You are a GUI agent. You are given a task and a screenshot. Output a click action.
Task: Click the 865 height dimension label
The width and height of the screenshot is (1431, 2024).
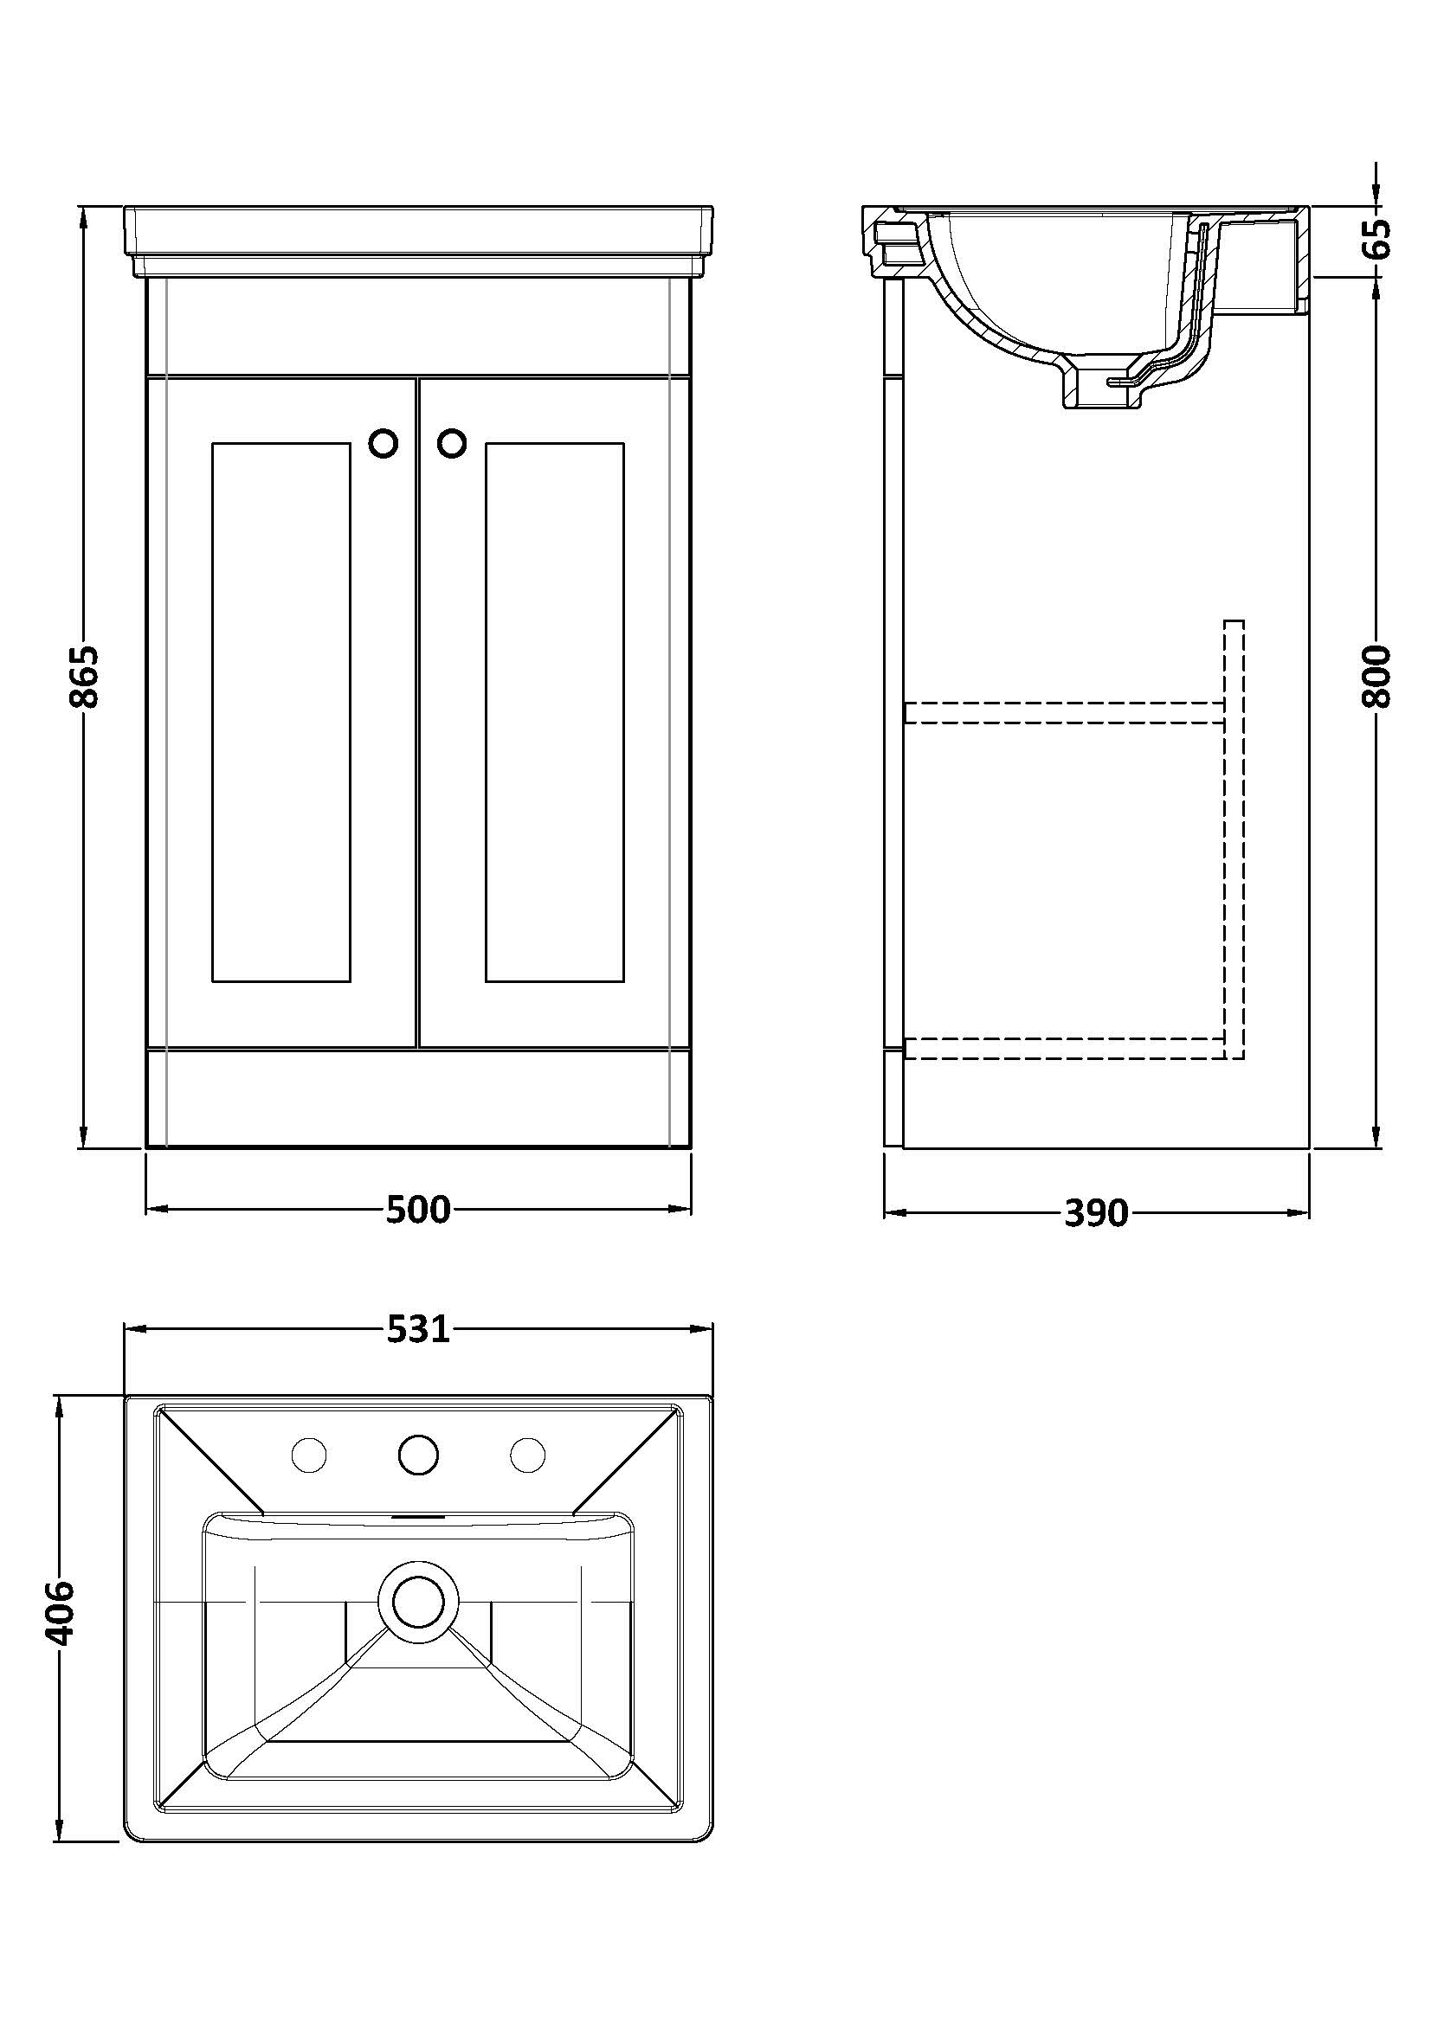(86, 677)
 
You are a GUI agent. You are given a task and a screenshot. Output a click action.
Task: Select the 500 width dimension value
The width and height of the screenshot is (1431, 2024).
(418, 1210)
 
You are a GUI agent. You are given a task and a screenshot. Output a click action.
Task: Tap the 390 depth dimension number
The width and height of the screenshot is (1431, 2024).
(1096, 1213)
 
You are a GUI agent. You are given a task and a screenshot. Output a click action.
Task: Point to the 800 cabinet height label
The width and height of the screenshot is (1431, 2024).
(1376, 677)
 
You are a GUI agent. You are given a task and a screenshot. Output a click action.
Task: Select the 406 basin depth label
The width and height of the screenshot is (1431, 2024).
(61, 1613)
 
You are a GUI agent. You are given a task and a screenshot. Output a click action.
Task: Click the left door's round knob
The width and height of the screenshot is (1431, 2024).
(384, 444)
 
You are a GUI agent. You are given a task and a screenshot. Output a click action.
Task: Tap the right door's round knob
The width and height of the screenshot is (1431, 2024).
(451, 444)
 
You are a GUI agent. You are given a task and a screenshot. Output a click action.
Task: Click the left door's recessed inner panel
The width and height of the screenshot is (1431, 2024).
(281, 712)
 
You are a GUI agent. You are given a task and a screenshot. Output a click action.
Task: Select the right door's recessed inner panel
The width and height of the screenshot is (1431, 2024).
(554, 712)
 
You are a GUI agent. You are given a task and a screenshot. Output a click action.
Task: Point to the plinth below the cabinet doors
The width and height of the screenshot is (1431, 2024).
(418, 1097)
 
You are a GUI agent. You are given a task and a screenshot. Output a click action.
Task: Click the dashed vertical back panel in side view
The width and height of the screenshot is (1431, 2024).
(1234, 838)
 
